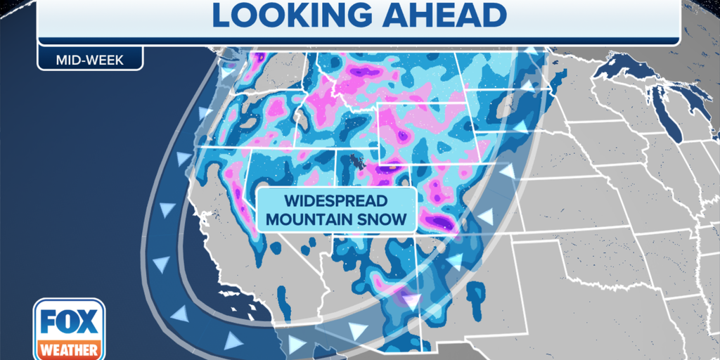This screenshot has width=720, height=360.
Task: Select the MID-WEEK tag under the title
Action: coord(89,60)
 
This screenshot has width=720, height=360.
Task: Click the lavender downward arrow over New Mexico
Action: coord(410,301)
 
